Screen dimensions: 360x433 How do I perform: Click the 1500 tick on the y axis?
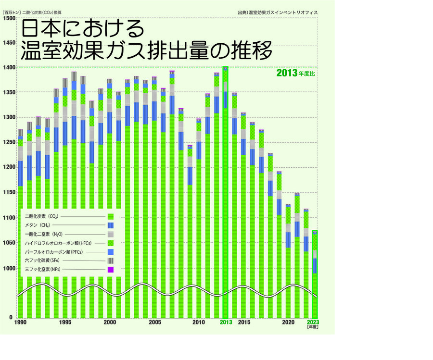click(x=9, y=18)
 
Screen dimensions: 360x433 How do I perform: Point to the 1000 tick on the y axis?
click(x=9, y=268)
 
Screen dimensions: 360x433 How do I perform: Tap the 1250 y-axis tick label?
click(x=9, y=142)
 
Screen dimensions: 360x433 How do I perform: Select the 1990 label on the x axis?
click(x=21, y=323)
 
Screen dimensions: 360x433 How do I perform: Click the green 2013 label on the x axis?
click(x=226, y=323)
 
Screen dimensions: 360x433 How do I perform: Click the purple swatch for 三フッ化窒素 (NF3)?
click(x=110, y=269)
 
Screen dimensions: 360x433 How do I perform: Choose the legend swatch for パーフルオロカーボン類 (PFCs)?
click(x=110, y=252)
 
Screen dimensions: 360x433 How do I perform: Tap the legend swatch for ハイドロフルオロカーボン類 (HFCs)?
click(x=110, y=243)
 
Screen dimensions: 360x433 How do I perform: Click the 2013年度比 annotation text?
click(x=295, y=74)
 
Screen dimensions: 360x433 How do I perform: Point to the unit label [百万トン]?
click(x=11, y=12)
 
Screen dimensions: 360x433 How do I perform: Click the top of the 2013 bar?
click(x=225, y=68)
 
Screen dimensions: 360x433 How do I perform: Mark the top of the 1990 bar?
click(x=21, y=129)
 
